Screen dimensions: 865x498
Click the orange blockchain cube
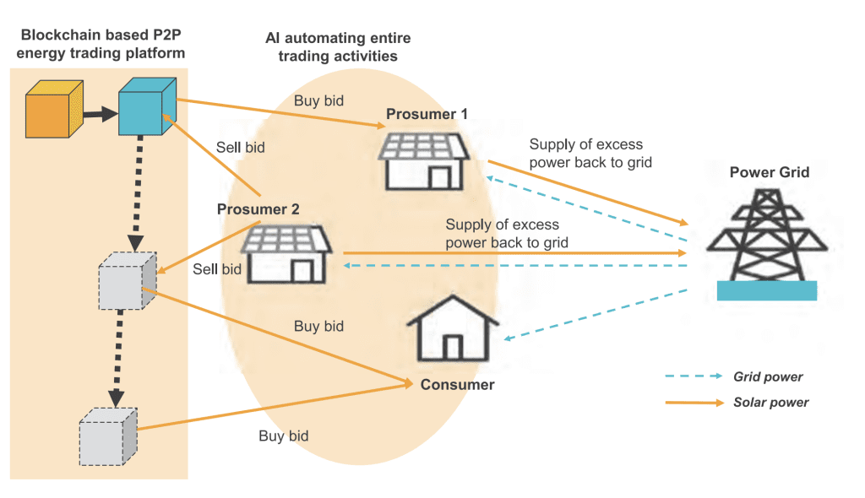coord(54,109)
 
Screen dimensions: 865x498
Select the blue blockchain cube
coord(147,106)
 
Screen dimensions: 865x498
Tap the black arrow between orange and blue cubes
coord(101,114)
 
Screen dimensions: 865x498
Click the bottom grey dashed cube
coord(108,436)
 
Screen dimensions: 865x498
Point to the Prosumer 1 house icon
coord(424,161)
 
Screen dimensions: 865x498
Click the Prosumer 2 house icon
coord(286,254)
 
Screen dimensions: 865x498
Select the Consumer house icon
coord(453,328)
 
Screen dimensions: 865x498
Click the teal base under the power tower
coord(767,290)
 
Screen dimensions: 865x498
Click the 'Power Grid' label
coord(770,172)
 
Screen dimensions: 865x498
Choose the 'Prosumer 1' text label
coord(427,114)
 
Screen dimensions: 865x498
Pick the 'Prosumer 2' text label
coord(258,209)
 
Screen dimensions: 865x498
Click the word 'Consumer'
coord(457,385)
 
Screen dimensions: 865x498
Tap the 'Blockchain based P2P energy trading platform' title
coord(101,44)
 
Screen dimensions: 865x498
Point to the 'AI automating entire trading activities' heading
coord(338,47)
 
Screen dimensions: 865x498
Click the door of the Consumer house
coord(453,348)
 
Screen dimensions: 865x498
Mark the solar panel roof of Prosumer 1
coord(424,147)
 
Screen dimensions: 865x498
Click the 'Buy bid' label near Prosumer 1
coord(318,101)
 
